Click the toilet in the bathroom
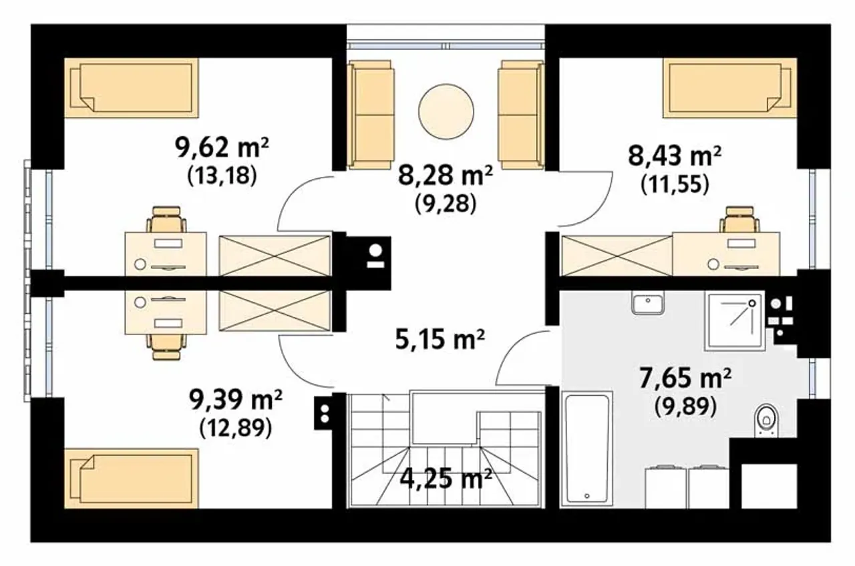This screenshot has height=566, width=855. [x=766, y=420]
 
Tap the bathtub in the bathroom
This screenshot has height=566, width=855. [x=586, y=449]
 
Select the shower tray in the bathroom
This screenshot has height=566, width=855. [x=735, y=322]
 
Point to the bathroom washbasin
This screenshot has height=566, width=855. [x=648, y=302]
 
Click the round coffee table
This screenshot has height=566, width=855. [x=446, y=111]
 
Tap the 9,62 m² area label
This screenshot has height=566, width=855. [x=222, y=148]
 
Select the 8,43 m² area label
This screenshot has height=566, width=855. [x=675, y=156]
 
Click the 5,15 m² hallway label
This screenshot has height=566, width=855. [x=440, y=340]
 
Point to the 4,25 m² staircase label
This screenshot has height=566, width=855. [x=446, y=479]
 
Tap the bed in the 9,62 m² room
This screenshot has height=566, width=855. [x=132, y=87]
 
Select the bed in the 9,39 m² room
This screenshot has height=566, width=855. [x=132, y=479]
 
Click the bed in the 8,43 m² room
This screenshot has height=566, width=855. [x=730, y=87]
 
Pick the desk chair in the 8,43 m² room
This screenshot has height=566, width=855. [x=739, y=220]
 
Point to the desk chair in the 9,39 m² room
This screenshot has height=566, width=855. [x=166, y=346]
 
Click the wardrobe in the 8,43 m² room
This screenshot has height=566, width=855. [x=617, y=256]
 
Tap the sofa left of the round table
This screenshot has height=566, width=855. [x=370, y=114]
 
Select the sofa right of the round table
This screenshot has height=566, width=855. [x=521, y=114]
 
